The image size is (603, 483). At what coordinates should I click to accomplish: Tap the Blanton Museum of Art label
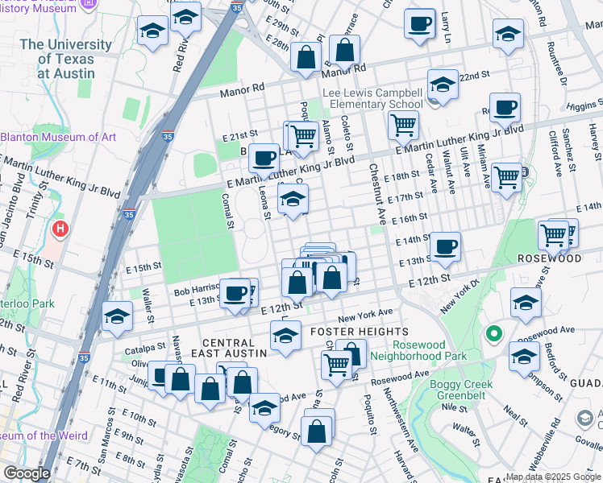point(58,137)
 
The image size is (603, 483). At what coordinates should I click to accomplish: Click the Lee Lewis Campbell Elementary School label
point(372,98)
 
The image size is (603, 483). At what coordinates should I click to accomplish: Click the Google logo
point(26,474)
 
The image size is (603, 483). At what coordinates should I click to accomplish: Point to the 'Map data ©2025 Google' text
point(554,477)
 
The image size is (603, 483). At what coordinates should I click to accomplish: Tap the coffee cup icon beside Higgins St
point(505,108)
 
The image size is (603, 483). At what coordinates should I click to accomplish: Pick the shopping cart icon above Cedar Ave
point(402,125)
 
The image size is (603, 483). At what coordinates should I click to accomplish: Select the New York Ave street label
point(364,312)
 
